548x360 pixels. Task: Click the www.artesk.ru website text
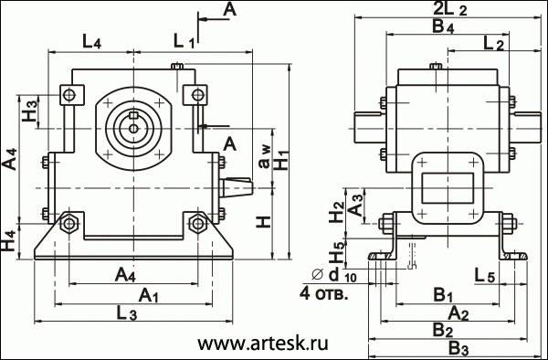[263, 343]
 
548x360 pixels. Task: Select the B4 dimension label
[443, 26]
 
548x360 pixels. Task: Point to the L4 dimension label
[92, 42]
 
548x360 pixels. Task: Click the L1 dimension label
[184, 42]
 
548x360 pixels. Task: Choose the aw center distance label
[265, 157]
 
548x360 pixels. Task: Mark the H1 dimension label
[281, 160]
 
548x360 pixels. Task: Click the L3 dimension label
[127, 312]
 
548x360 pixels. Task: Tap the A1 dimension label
[149, 295]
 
